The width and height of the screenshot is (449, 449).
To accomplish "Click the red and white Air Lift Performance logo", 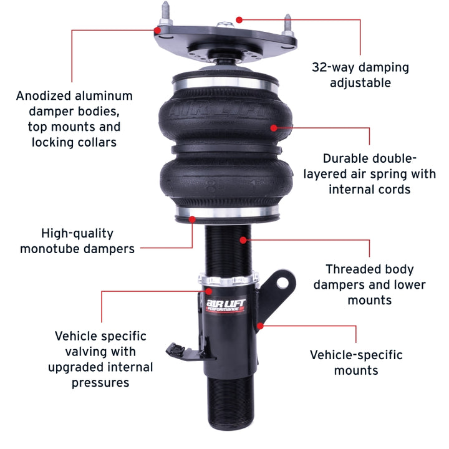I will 228,306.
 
